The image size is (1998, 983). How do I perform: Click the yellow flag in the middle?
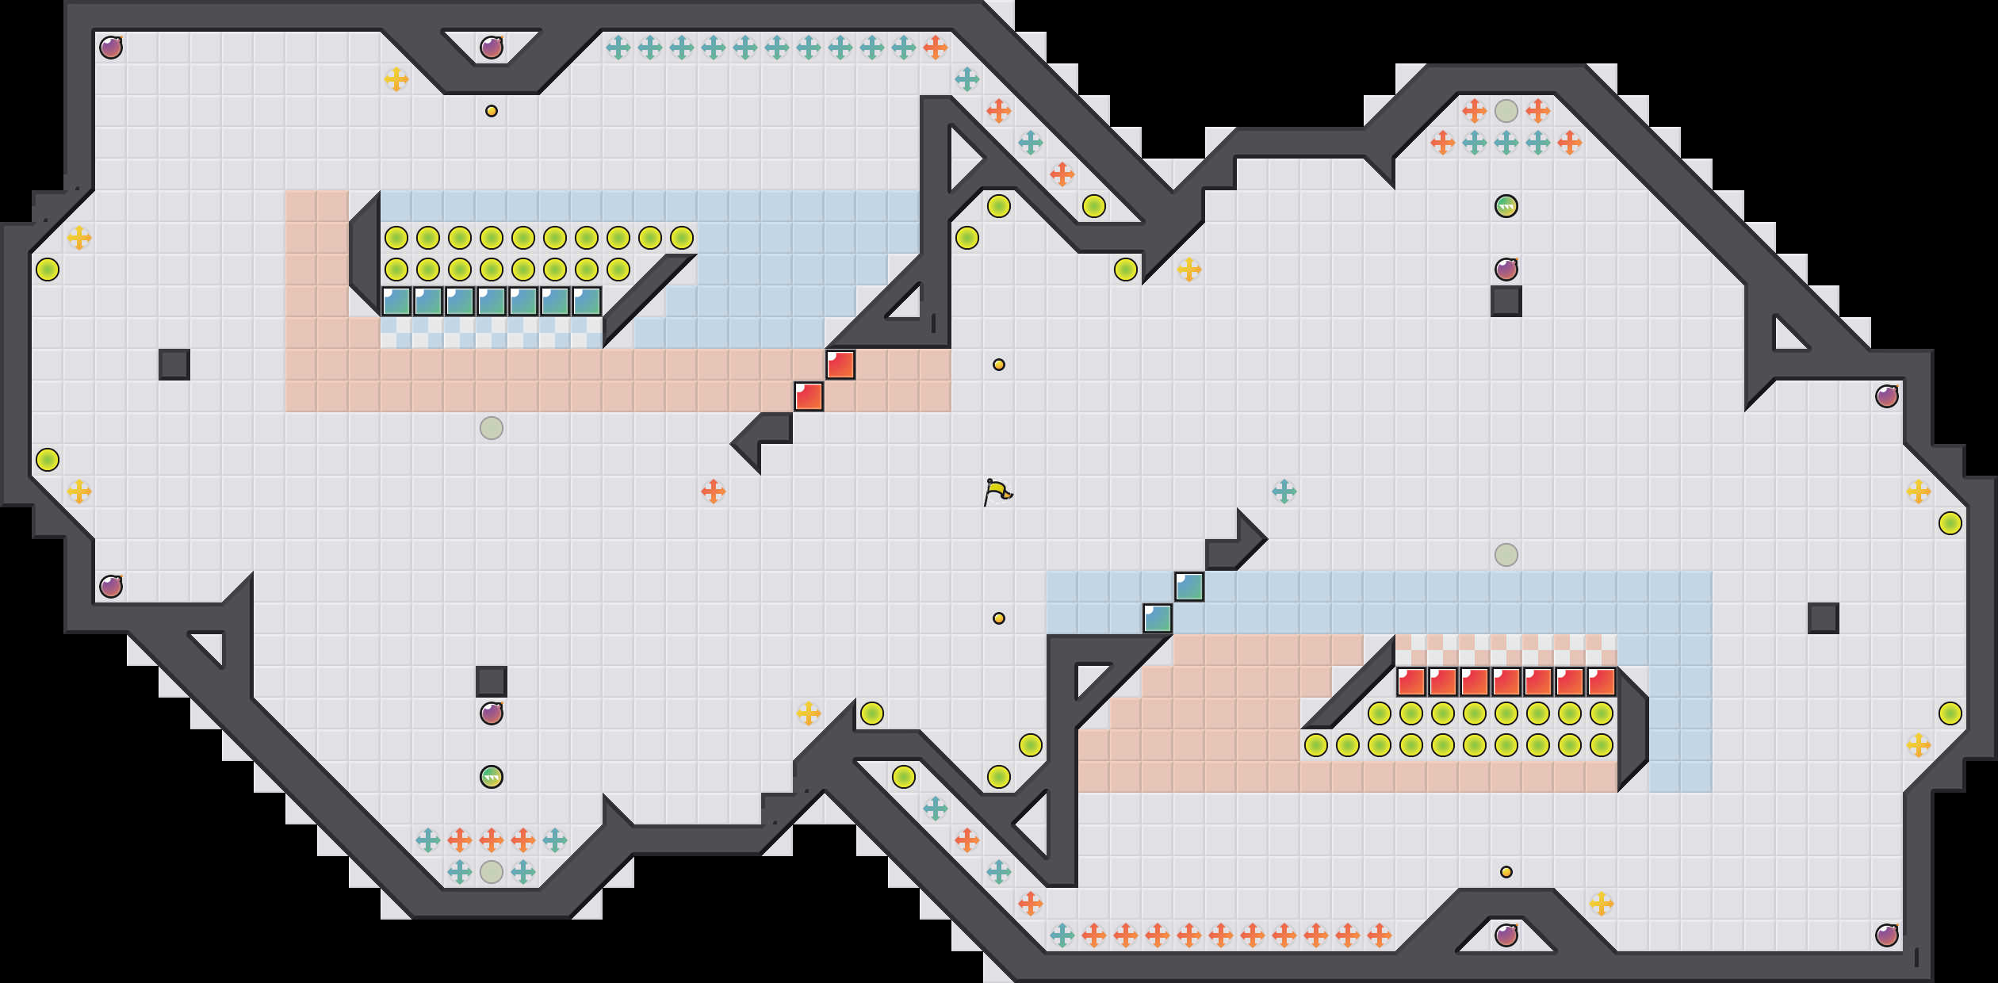tap(997, 491)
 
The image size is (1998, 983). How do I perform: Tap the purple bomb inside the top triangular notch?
tap(492, 48)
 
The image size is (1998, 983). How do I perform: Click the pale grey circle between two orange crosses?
tap(1506, 111)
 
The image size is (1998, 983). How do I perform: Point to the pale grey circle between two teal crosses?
tap(492, 872)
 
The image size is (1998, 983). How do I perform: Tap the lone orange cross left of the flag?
tap(714, 491)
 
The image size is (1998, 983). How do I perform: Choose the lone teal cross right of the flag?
tap(1284, 491)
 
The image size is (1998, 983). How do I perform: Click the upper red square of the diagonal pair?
tap(840, 365)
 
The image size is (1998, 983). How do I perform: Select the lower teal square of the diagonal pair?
tap(1158, 618)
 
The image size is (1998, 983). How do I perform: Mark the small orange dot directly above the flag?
tap(999, 365)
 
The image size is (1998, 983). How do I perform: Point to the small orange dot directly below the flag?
tap(999, 618)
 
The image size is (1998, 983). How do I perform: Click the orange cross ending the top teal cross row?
tap(936, 48)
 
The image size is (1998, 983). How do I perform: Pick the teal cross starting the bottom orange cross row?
tap(1062, 935)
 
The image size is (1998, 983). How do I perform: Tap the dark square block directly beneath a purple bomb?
tap(1506, 301)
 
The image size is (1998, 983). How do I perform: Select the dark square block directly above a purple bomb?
tap(492, 682)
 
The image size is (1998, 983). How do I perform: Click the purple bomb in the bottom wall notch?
tap(1506, 935)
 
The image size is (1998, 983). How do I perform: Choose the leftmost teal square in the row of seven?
tap(396, 301)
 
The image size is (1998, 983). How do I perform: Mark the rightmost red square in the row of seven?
tap(1602, 682)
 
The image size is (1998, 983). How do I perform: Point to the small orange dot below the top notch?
tap(492, 111)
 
